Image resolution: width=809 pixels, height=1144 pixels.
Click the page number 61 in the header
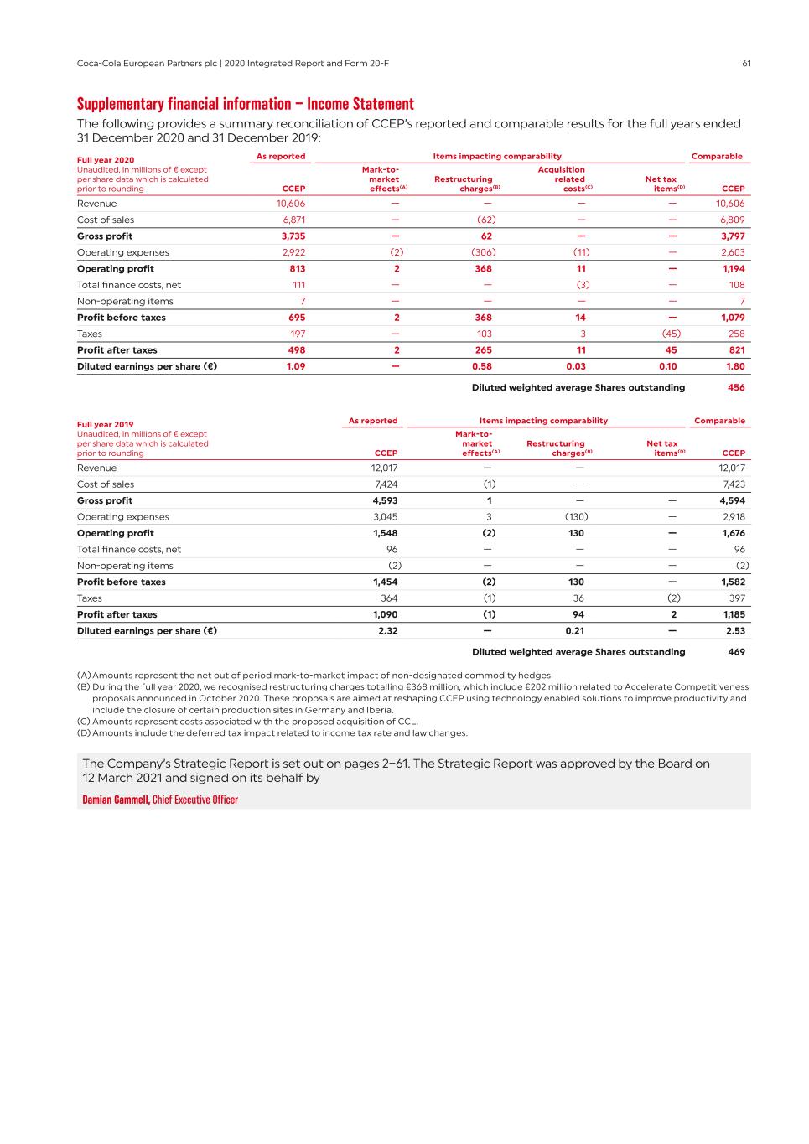click(746, 64)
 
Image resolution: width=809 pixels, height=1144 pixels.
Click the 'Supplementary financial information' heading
click(245, 104)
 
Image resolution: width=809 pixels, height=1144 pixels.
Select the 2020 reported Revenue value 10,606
click(291, 204)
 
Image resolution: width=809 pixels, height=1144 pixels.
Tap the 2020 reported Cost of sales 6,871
click(293, 220)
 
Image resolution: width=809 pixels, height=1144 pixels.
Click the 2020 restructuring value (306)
click(484, 252)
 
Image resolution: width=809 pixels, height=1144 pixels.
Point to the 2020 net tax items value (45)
click(671, 334)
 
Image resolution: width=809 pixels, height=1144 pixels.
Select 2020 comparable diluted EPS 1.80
click(735, 366)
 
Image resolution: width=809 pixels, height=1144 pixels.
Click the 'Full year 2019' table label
click(105, 425)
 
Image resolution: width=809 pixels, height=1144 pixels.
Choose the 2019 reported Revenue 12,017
click(385, 468)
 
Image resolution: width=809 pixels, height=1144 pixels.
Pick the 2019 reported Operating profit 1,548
click(385, 533)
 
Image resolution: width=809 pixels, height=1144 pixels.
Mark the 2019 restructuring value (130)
click(575, 517)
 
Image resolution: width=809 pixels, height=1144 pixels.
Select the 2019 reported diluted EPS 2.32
click(387, 631)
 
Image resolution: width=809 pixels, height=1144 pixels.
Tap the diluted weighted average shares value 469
click(736, 652)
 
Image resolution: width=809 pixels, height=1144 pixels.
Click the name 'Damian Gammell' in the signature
click(116, 800)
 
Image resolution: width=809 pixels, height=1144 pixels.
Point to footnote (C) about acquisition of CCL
click(247, 722)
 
